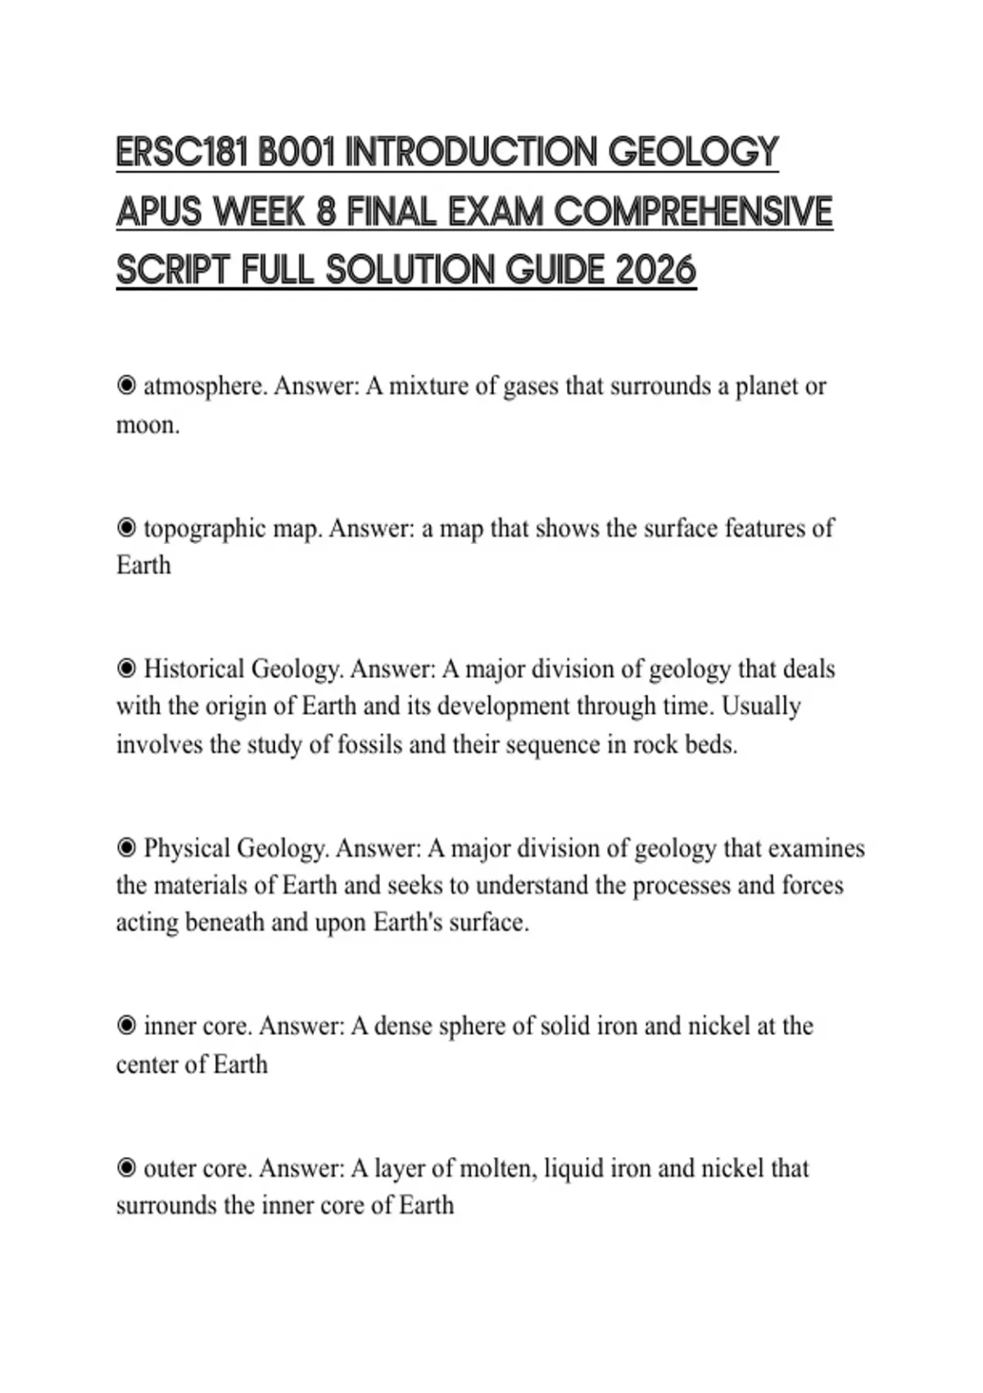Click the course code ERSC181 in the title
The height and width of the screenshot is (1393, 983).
[x=182, y=153]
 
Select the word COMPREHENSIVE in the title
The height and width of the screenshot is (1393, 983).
[x=693, y=212]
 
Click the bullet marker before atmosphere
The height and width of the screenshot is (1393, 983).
[x=126, y=385]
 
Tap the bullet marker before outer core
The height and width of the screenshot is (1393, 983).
[x=126, y=1168]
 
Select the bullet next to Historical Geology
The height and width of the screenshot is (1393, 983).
[x=126, y=669]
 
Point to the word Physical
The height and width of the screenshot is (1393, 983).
[x=187, y=848]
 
